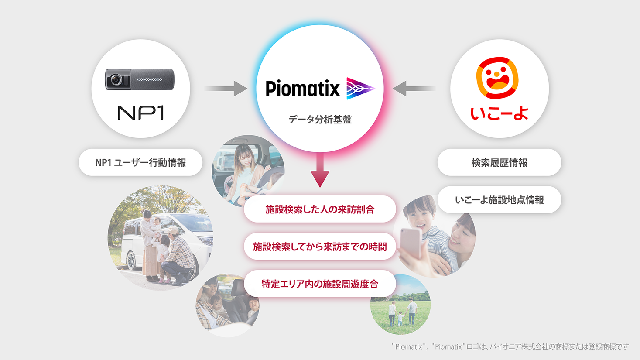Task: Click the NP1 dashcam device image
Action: pyautogui.click(x=140, y=79)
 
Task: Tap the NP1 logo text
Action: pyautogui.click(x=141, y=113)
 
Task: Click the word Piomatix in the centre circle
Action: pyautogui.click(x=302, y=89)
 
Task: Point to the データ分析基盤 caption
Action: pyautogui.click(x=320, y=120)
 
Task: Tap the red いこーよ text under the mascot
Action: pyautogui.click(x=499, y=113)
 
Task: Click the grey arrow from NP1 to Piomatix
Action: pyautogui.click(x=226, y=89)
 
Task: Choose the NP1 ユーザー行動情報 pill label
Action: pyautogui.click(x=140, y=163)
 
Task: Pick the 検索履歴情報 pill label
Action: pyautogui.click(x=499, y=163)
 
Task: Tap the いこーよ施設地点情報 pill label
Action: pyautogui.click(x=499, y=200)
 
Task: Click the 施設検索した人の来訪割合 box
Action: pyautogui.click(x=320, y=209)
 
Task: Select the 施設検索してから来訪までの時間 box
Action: pyautogui.click(x=320, y=247)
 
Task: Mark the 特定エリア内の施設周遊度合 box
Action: pyautogui.click(x=320, y=284)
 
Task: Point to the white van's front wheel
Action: pyautogui.click(x=130, y=261)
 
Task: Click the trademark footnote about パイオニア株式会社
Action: pyautogui.click(x=510, y=347)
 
